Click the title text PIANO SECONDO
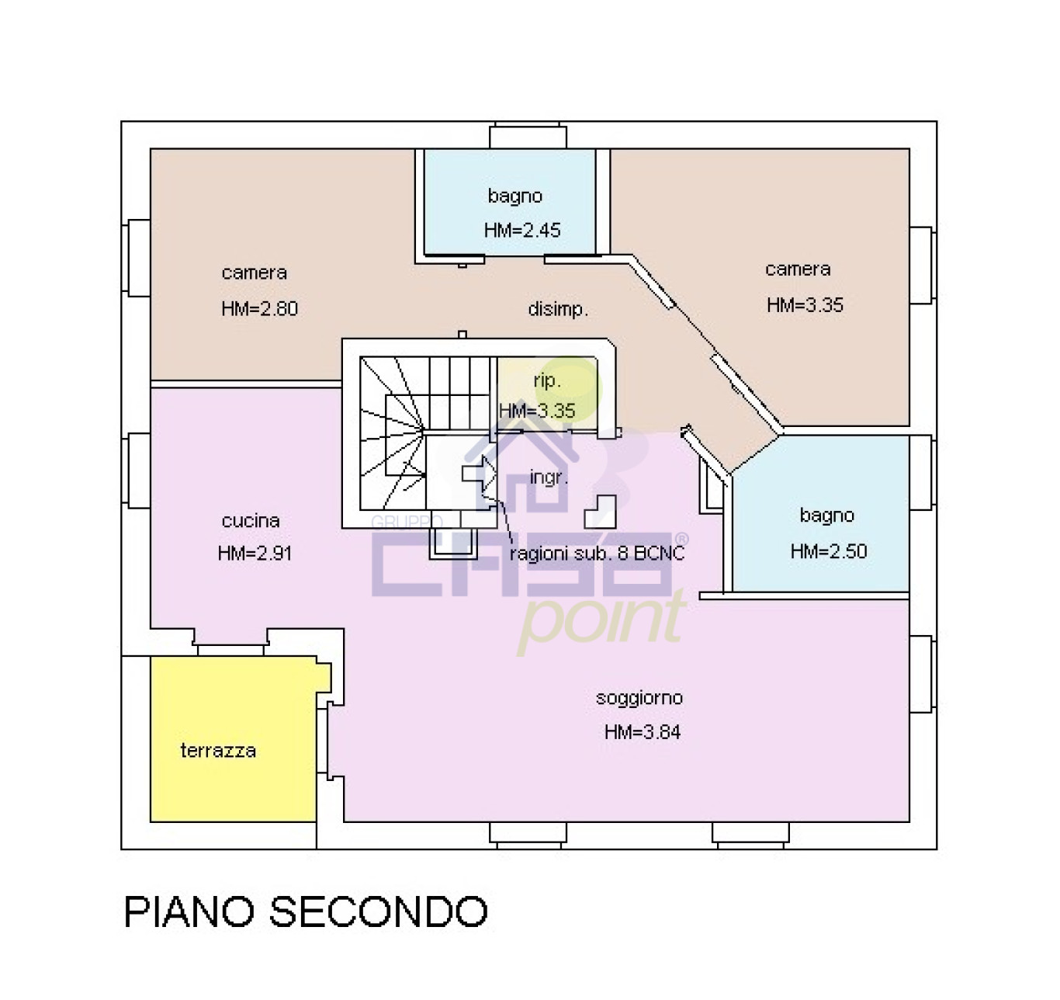point(306,911)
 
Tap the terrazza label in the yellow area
point(218,751)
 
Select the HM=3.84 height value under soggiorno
point(642,732)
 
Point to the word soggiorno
point(639,698)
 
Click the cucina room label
point(250,521)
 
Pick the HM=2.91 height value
point(255,554)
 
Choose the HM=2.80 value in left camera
point(259,309)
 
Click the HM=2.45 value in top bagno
point(521,230)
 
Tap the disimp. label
point(557,309)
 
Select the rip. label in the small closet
point(546,381)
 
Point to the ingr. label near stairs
point(548,477)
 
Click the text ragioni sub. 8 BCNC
point(597,554)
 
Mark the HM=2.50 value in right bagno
point(828,551)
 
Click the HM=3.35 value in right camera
point(805,305)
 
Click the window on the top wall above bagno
point(528,137)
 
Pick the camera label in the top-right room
point(798,269)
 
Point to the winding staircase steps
point(392,435)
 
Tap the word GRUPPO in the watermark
point(407,522)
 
